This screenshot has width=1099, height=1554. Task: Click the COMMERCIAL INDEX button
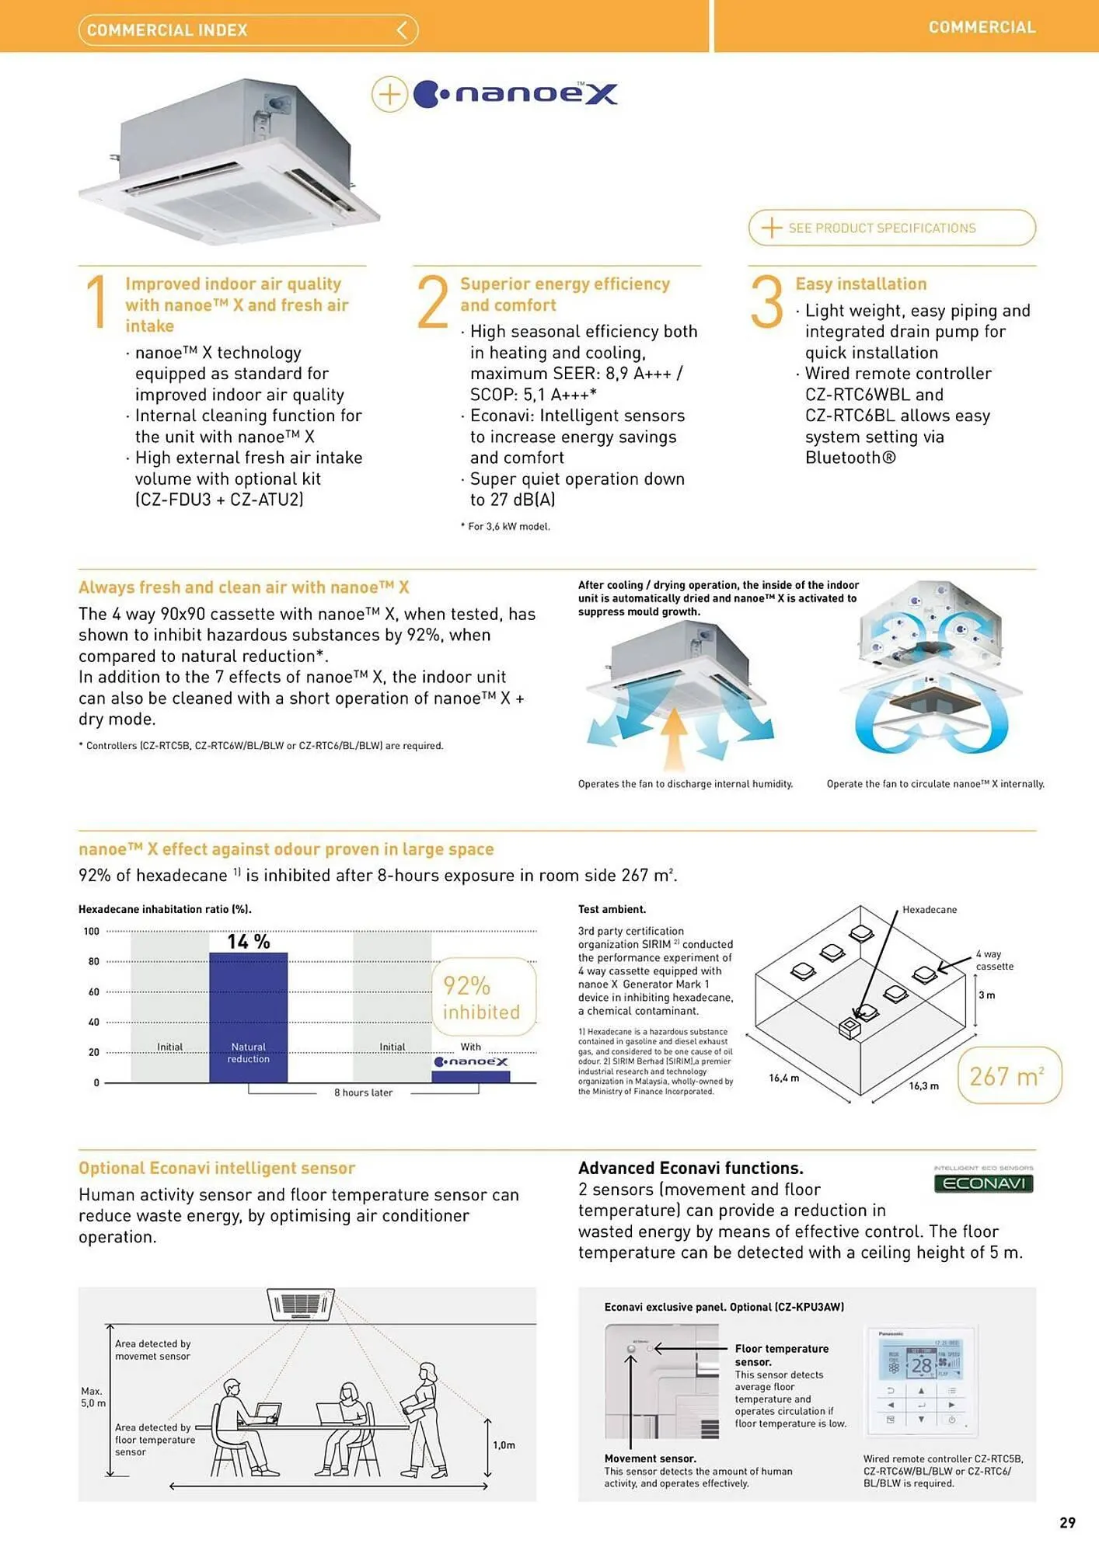pos(248,30)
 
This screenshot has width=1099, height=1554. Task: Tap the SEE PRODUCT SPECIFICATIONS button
pos(891,228)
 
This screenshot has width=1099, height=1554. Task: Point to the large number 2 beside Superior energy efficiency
pos(432,302)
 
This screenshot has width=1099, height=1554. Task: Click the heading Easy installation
pos(860,284)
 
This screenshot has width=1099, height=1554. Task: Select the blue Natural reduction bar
pos(248,1018)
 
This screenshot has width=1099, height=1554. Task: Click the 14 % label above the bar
pos(248,942)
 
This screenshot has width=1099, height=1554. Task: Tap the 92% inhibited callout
pos(483,998)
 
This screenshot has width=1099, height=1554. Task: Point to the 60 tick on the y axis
pos(94,992)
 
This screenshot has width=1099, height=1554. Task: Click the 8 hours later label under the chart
pos(363,1092)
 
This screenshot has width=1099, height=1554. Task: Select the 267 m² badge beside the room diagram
pos(1008,1076)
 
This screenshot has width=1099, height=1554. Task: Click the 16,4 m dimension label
pos(783,1078)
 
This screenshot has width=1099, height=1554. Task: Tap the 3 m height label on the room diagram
pos(986,995)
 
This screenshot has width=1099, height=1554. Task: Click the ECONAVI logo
pos(982,1183)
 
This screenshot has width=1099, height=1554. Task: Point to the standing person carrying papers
pos(424,1418)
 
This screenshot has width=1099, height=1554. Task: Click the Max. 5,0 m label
pos(92,1397)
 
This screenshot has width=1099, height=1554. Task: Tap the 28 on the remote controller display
pos(921,1365)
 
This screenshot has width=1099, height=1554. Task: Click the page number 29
pos(1067,1522)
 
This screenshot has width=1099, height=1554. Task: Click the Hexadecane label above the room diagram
pos(929,909)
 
